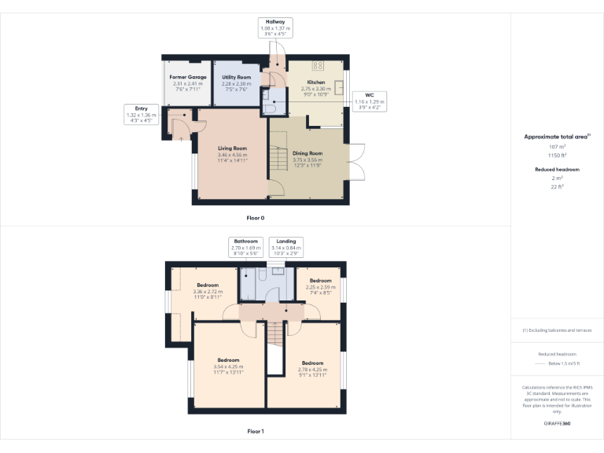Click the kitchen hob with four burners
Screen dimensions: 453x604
click(x=318, y=66)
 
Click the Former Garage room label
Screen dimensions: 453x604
click(x=188, y=77)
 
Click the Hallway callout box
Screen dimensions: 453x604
click(x=275, y=28)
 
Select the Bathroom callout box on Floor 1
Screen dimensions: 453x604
click(x=245, y=248)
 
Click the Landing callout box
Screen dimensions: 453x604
click(x=285, y=248)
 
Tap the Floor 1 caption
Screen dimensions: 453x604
click(x=256, y=431)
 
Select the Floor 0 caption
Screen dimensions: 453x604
click(x=256, y=216)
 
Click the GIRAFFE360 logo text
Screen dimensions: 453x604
click(x=557, y=424)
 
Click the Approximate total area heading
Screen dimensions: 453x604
click(x=557, y=137)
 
